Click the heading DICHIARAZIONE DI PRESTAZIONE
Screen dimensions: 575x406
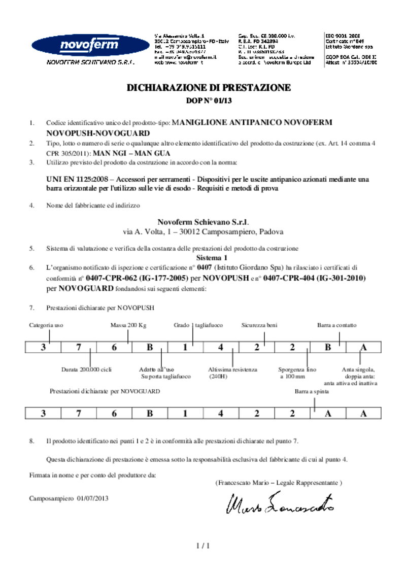tap(209, 88)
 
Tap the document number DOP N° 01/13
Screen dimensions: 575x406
tap(209, 101)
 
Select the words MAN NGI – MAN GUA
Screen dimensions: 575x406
tap(132, 153)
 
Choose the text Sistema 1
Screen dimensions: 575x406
tap(208, 257)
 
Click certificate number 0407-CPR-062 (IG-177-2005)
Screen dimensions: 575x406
tap(137, 279)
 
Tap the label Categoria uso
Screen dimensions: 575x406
tap(46, 325)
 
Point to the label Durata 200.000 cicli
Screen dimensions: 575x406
tap(86, 369)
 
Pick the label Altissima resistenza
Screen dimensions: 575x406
tap(232, 369)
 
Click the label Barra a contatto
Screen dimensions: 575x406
tap(337, 325)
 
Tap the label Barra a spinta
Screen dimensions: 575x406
tap(312, 392)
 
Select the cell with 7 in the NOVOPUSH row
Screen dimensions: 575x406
tap(79, 348)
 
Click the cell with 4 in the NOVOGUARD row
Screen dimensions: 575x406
tap(221, 413)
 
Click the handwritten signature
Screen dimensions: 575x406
tap(280, 502)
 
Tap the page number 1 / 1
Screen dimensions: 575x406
tap(203, 546)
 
